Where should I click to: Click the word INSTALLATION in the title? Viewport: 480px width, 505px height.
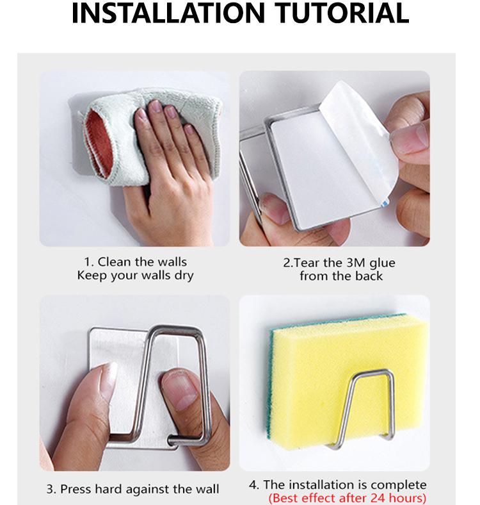coord(168,13)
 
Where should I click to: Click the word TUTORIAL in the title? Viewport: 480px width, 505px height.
coord(342,13)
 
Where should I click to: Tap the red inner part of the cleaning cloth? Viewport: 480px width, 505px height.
coord(97,142)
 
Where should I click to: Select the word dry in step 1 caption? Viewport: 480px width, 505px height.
coord(184,276)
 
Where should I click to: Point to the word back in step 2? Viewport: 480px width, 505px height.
coord(369,276)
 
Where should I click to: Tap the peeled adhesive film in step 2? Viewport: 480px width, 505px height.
coord(360,135)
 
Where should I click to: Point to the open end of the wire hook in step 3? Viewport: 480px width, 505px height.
coord(171,440)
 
